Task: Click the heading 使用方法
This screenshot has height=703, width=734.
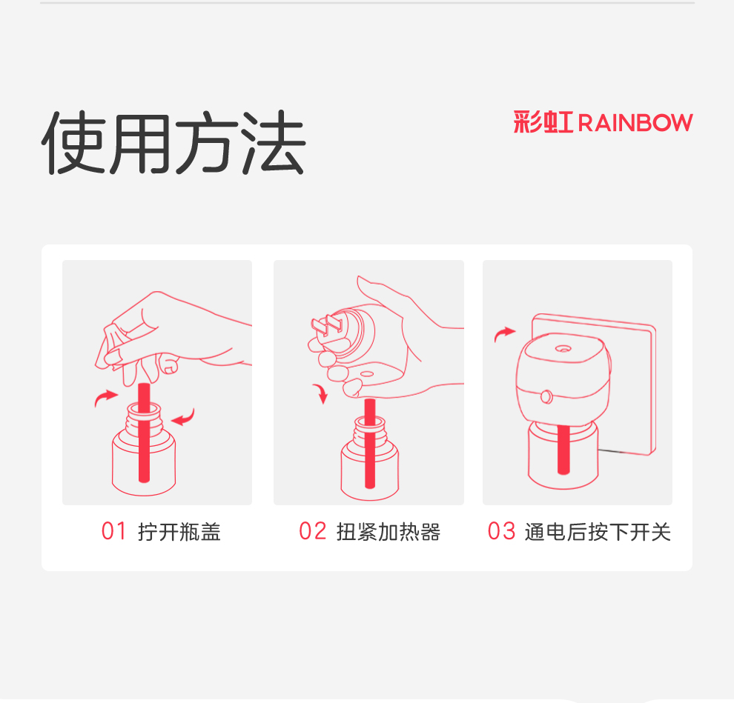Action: (173, 143)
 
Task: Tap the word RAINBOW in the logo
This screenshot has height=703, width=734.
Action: (635, 123)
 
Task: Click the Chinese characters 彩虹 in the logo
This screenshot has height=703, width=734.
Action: (543, 122)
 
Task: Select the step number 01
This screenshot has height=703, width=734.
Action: (113, 531)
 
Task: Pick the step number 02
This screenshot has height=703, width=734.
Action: (312, 531)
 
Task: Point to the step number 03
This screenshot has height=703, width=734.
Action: (501, 531)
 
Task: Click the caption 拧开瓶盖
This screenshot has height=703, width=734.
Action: (179, 532)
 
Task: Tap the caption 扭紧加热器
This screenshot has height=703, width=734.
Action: (388, 532)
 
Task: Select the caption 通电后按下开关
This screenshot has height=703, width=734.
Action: (598, 532)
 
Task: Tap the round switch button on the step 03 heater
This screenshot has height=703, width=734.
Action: (546, 396)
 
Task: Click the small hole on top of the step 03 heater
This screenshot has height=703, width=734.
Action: (563, 348)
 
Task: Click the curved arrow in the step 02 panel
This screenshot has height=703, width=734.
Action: (322, 392)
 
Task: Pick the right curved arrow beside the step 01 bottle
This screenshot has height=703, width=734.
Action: (185, 418)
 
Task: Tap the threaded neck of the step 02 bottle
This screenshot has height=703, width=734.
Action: (370, 432)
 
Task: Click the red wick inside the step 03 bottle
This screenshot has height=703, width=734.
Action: (563, 450)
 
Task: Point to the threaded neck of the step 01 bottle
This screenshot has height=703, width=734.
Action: (144, 418)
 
